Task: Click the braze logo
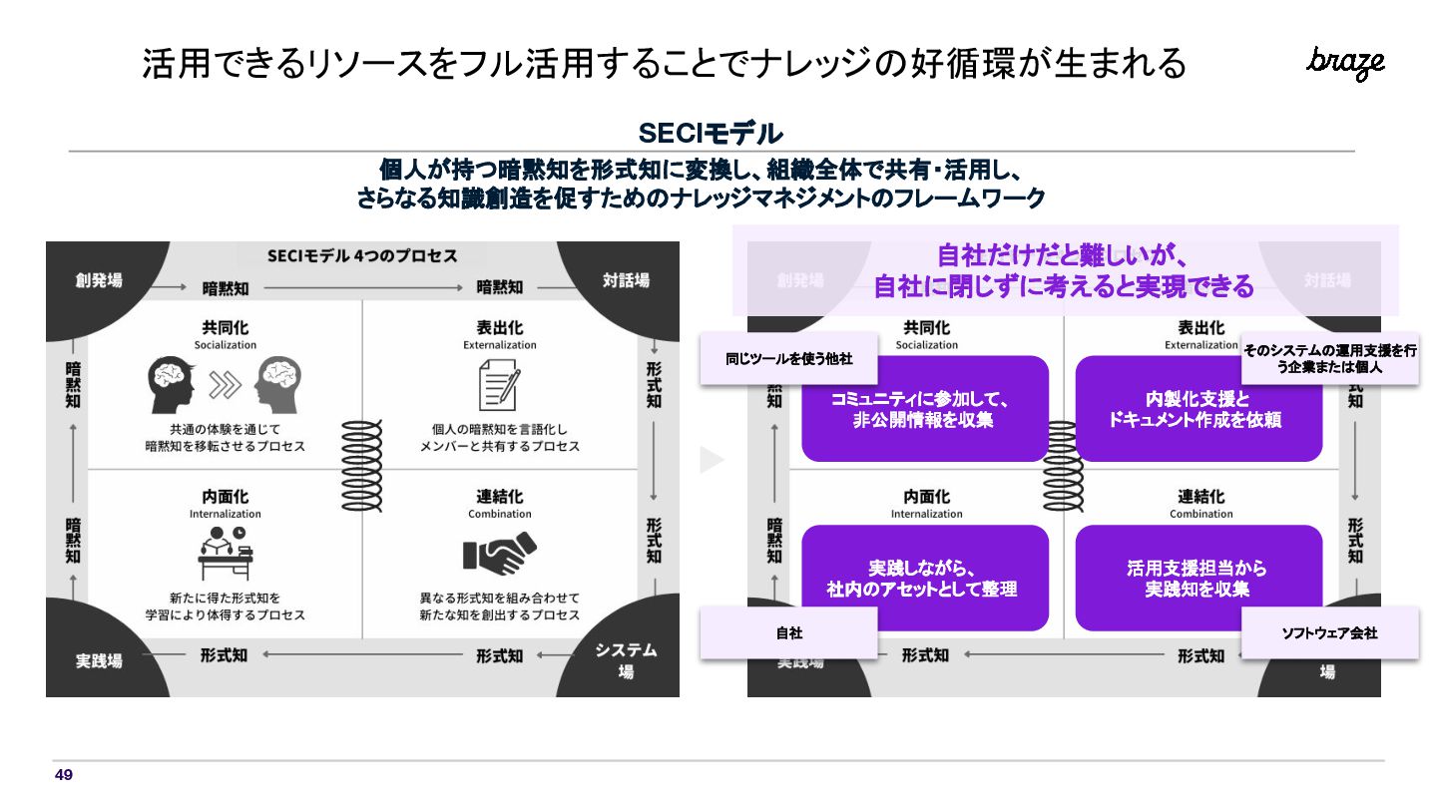click(x=1345, y=63)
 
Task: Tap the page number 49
click(x=64, y=775)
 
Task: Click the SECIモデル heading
click(x=711, y=133)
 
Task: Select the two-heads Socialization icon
click(x=225, y=386)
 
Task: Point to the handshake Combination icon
click(x=499, y=552)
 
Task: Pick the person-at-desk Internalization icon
click(x=225, y=555)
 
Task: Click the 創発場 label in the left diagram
click(x=99, y=280)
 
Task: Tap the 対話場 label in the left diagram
click(x=626, y=280)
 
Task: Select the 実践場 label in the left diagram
click(x=100, y=660)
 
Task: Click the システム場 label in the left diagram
click(x=626, y=660)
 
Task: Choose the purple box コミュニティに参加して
click(x=925, y=409)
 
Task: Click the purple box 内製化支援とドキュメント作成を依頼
click(x=1198, y=409)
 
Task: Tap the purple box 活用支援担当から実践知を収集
click(x=1198, y=579)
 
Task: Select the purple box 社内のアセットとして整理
click(x=925, y=579)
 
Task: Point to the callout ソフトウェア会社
click(x=1329, y=632)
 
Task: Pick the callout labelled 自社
click(x=788, y=632)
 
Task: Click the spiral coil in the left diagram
click(x=362, y=465)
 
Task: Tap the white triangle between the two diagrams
click(x=711, y=460)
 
